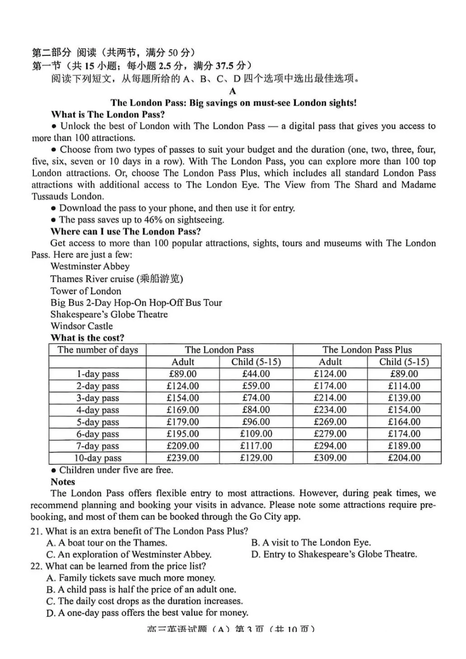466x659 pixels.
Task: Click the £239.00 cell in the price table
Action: coord(182,458)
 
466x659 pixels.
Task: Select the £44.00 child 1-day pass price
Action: coord(256,374)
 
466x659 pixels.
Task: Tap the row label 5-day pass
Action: coord(98,422)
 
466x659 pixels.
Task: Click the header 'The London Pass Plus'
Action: coord(367,350)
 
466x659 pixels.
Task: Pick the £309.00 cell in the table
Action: coord(330,458)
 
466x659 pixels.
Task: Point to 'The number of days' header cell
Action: coord(98,350)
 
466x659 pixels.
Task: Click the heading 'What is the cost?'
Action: coord(87,338)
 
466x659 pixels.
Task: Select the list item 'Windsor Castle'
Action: coord(81,326)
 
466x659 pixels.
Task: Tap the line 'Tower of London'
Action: coord(85,291)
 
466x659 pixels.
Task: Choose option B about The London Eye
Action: coord(311,543)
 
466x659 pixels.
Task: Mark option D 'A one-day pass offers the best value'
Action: coord(147,613)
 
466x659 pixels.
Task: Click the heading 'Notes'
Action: coord(63,482)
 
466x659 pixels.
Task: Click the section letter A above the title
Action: coord(233,91)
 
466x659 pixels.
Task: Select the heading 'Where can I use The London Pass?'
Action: coord(126,231)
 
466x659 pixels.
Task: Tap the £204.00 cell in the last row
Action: coord(404,458)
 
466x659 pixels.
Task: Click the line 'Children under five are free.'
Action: coord(116,470)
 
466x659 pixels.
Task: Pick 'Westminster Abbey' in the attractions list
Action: coord(90,267)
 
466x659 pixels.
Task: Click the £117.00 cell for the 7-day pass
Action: coord(256,446)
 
